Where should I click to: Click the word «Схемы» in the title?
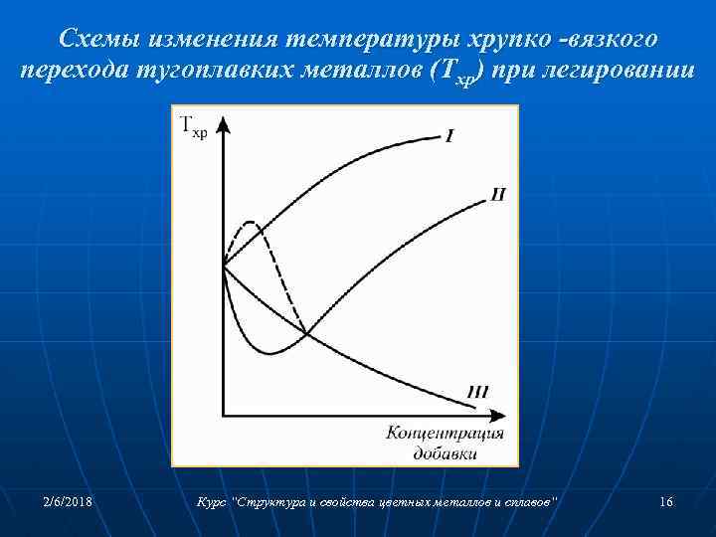tap(97, 39)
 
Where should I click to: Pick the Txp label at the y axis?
tap(194, 126)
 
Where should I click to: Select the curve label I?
tap(449, 136)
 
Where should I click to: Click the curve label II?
tap(497, 194)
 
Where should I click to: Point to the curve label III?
tap(477, 393)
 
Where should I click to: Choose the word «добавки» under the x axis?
tap(445, 453)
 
